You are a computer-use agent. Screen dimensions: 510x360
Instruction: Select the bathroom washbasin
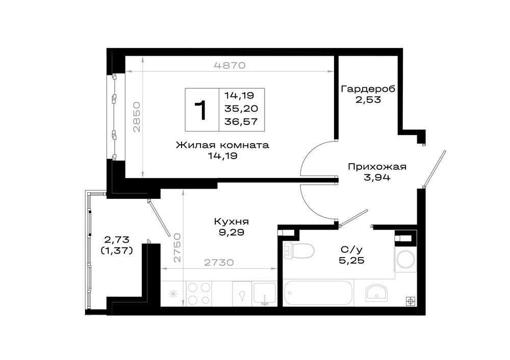click(x=376, y=293)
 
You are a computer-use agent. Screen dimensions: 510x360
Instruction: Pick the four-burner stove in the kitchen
click(x=199, y=294)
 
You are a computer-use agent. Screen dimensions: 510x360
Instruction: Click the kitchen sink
click(x=264, y=294)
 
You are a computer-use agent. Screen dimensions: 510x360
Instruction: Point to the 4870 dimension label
click(x=229, y=65)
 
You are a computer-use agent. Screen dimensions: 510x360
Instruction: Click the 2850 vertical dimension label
click(x=137, y=117)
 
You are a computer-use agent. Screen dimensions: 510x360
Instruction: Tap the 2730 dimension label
click(x=219, y=262)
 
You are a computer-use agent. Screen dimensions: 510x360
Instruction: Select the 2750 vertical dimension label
click(x=177, y=247)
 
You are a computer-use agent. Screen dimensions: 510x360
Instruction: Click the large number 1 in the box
click(x=201, y=110)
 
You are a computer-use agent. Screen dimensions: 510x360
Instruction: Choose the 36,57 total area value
click(x=241, y=122)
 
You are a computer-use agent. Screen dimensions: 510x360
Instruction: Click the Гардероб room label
click(x=368, y=88)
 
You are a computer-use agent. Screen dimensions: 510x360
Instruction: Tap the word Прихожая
click(x=377, y=167)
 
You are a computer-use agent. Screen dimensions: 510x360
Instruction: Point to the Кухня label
click(x=231, y=221)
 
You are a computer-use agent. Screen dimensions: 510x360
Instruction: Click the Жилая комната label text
click(x=222, y=145)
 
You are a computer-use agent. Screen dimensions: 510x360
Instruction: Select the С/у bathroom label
click(x=351, y=250)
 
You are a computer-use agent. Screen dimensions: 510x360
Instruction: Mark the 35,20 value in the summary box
click(x=241, y=109)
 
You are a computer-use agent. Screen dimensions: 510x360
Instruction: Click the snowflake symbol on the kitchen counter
click(x=173, y=294)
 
